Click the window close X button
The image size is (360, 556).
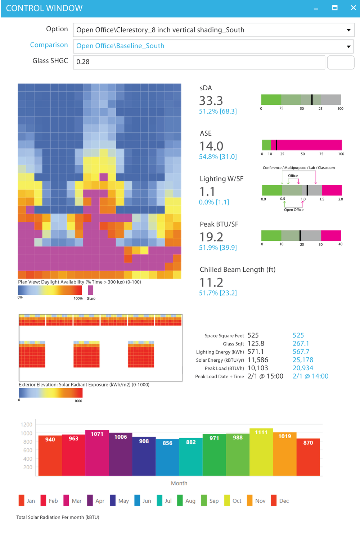(353, 8)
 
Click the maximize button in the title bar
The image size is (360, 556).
(335, 8)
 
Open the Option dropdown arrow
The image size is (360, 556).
(348, 30)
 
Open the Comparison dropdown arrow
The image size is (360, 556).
(348, 46)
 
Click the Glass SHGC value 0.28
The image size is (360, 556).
(83, 62)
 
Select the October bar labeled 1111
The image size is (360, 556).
(261, 452)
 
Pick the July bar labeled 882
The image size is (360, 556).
(191, 457)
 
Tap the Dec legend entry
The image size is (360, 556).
(280, 501)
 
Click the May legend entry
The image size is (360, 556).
(119, 501)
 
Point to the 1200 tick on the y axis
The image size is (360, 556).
(27, 425)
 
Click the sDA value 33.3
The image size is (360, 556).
(211, 101)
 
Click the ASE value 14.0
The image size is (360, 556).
(211, 146)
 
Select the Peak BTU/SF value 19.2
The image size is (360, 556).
(211, 237)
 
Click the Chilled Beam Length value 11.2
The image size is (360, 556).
(211, 282)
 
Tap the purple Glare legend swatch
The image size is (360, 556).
(90, 290)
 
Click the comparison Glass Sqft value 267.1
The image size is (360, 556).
(301, 344)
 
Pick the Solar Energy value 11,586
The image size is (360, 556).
(258, 360)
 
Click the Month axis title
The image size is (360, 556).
(179, 483)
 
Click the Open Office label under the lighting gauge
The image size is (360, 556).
(294, 210)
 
